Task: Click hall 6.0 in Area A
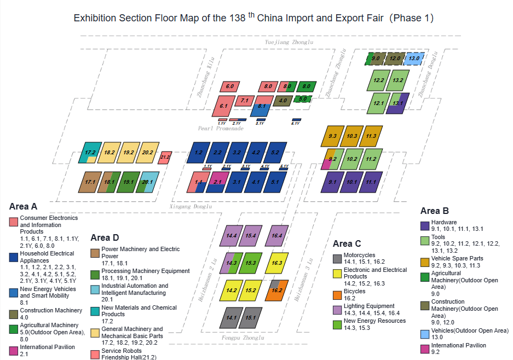click(x=230, y=86)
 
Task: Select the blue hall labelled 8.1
click(x=262, y=109)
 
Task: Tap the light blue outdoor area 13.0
click(x=414, y=58)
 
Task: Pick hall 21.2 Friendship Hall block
click(x=165, y=158)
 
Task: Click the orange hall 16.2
click(x=276, y=291)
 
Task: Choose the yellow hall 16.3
click(x=278, y=263)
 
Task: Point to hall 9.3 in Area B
click(x=332, y=136)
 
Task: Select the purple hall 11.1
click(x=371, y=182)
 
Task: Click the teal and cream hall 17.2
click(x=90, y=153)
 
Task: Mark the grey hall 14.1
click(x=231, y=317)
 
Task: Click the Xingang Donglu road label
click(x=191, y=207)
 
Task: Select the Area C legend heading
click(x=347, y=243)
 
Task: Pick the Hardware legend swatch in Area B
click(x=425, y=225)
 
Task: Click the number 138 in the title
click(x=238, y=18)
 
